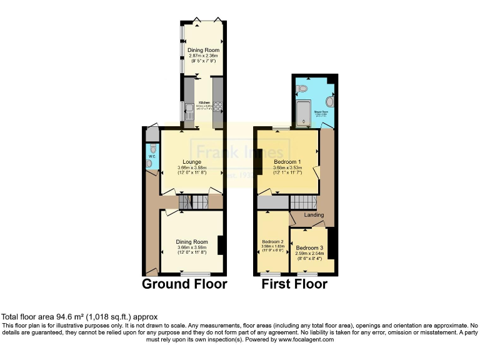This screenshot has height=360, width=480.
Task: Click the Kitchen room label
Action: (x=204, y=102)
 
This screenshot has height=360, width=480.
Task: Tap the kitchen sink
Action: (x=189, y=111)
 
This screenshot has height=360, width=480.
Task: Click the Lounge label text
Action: (x=191, y=162)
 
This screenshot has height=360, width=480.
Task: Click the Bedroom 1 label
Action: (x=288, y=161)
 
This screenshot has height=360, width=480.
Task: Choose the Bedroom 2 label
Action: (x=272, y=242)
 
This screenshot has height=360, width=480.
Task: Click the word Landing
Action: (x=314, y=215)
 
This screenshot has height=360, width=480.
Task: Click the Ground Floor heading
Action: (x=184, y=284)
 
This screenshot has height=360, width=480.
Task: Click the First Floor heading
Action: (x=294, y=284)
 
